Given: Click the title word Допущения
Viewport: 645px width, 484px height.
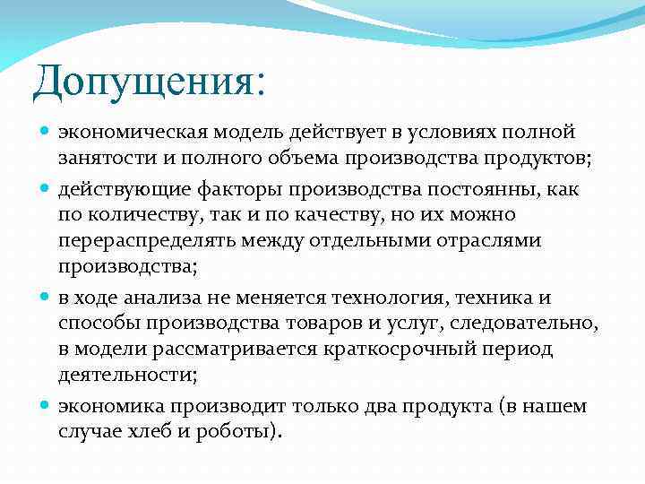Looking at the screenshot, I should click(x=143, y=82).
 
